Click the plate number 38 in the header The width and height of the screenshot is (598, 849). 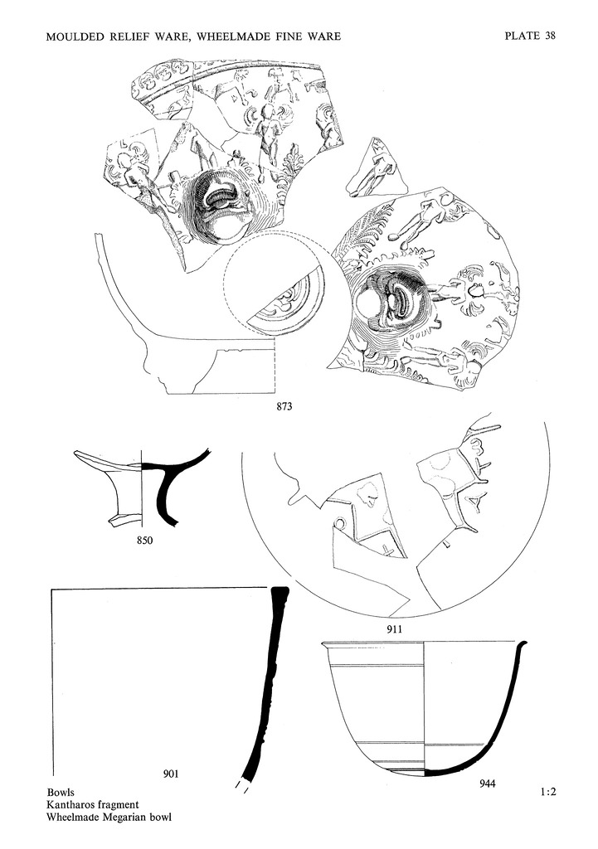pyautogui.click(x=549, y=36)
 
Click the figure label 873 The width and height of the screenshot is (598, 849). pyautogui.click(x=284, y=405)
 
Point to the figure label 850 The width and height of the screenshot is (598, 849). pyautogui.click(x=144, y=539)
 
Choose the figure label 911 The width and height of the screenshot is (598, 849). pyautogui.click(x=394, y=629)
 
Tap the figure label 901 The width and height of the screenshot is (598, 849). pyautogui.click(x=171, y=774)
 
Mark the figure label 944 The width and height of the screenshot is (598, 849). pyautogui.click(x=487, y=784)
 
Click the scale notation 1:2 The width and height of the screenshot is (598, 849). pyautogui.click(x=547, y=792)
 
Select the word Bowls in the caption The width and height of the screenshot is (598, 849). pyautogui.click(x=61, y=793)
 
